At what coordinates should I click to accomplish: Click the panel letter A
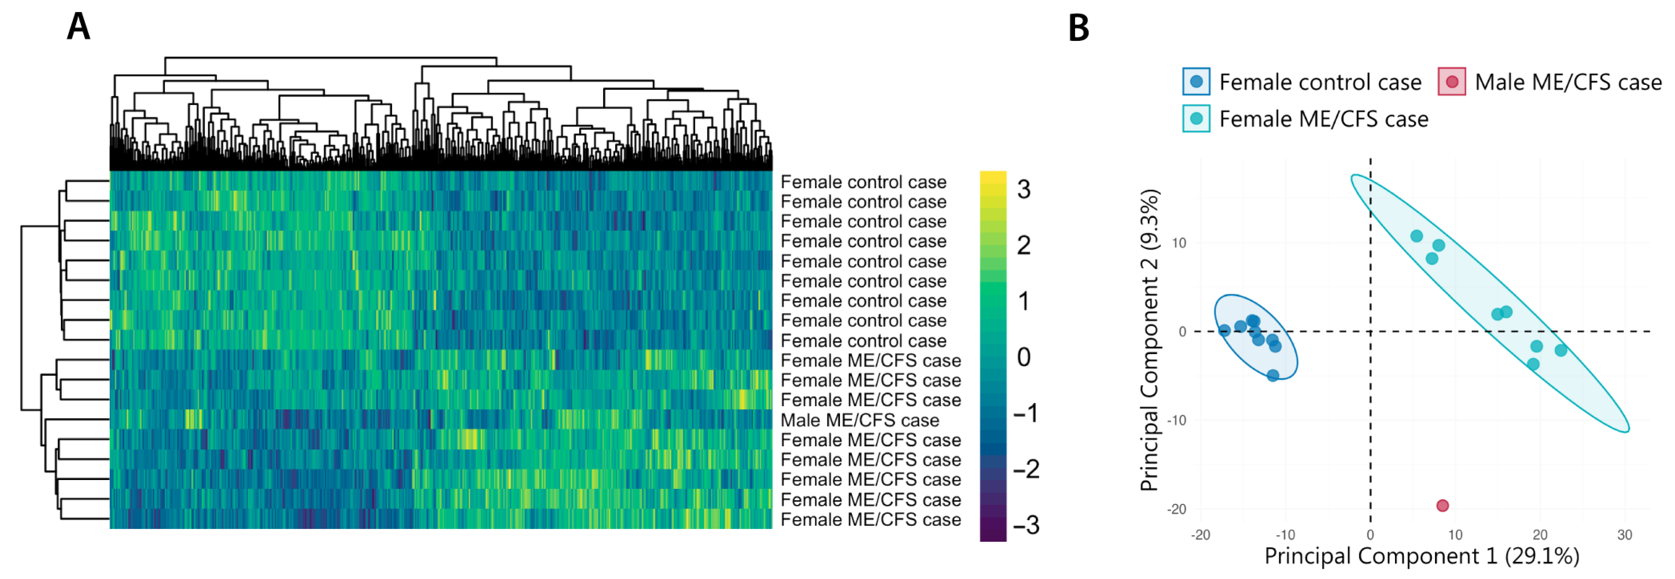tap(79, 27)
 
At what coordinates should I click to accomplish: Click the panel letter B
tap(1078, 28)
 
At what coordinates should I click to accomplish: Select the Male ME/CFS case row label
tap(860, 420)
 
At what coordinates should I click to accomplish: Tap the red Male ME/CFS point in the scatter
tap(1442, 506)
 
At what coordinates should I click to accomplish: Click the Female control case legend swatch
tap(1196, 82)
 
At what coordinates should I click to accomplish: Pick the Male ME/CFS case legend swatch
tap(1452, 82)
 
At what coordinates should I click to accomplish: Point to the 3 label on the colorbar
tap(1023, 189)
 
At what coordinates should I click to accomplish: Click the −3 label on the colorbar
tap(1026, 525)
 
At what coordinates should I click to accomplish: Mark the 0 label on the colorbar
tap(1023, 357)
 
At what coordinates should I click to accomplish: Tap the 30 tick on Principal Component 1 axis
tap(1624, 535)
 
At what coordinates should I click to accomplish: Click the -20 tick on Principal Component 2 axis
tap(1176, 509)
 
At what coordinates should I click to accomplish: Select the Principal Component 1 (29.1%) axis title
tap(1421, 556)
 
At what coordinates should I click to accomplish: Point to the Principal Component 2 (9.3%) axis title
tap(1150, 340)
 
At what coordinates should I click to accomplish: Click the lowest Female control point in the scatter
tap(1272, 375)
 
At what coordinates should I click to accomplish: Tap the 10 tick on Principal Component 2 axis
tap(1178, 243)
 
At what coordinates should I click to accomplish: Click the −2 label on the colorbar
tap(1026, 469)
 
